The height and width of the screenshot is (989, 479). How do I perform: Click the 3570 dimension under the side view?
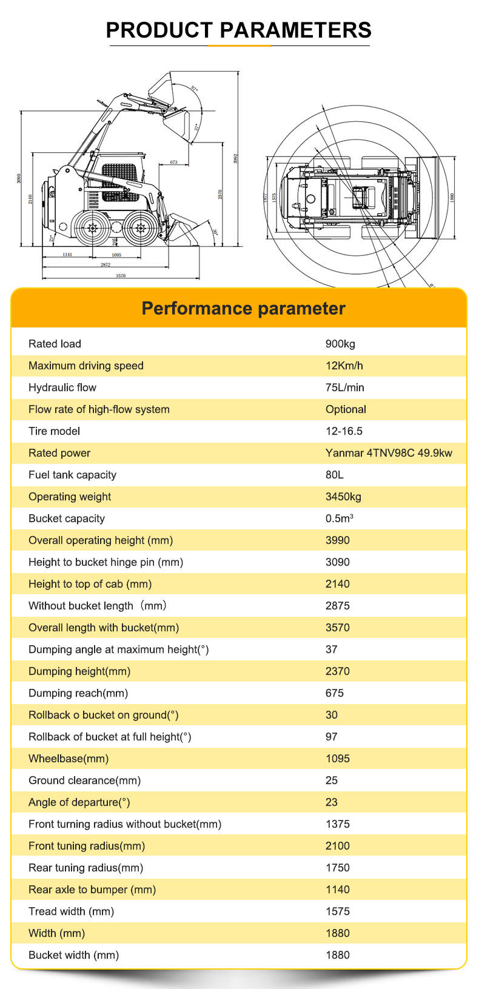(121, 276)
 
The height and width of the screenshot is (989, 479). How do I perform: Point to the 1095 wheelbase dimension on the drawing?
(116, 255)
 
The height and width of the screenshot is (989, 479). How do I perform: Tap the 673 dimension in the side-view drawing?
(174, 163)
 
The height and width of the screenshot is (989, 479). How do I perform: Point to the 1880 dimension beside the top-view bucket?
(452, 196)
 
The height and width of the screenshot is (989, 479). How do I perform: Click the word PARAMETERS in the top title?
(295, 30)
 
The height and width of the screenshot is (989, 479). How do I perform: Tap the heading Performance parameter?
(243, 309)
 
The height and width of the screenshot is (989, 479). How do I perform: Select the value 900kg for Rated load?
(340, 344)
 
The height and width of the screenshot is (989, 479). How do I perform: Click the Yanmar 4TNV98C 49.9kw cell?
(389, 453)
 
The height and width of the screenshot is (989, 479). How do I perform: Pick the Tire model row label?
(54, 431)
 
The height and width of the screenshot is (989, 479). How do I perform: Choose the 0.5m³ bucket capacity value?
(339, 518)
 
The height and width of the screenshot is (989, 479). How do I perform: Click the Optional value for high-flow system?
(346, 409)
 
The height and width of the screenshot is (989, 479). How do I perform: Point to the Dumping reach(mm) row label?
(78, 693)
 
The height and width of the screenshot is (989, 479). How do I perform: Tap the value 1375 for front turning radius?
(338, 824)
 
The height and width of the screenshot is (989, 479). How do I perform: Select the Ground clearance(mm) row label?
(84, 780)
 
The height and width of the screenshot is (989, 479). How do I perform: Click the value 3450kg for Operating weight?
(343, 497)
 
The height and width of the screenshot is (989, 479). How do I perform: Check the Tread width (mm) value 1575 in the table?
(338, 911)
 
